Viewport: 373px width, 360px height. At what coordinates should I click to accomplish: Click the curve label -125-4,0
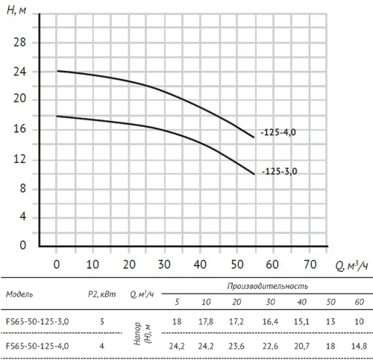point(278,132)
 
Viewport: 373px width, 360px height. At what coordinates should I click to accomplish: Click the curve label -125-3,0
point(280,172)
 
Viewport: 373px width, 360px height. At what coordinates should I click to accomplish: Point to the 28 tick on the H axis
point(19,43)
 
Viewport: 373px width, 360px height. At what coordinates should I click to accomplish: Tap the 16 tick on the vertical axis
point(19,128)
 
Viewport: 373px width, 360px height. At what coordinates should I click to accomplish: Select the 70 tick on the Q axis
point(310,264)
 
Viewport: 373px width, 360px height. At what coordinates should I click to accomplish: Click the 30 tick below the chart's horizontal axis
point(164,264)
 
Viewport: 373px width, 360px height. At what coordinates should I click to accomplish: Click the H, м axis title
point(16,10)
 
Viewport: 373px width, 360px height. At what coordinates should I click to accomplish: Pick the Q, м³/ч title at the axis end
point(351,266)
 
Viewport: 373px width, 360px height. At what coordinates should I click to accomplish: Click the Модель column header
point(19,294)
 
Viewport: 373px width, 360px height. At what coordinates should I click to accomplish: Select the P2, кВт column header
point(102,294)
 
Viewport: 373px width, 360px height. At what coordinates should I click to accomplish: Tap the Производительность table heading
point(268,286)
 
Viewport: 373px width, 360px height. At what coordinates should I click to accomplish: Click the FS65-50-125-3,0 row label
point(37,322)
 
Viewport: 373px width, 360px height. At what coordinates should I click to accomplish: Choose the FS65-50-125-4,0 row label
point(37,346)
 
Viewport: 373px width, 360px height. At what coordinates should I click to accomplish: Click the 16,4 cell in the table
point(270,322)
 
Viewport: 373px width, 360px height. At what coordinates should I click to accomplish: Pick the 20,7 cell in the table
point(301,346)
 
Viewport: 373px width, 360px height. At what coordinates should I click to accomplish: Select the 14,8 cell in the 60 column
point(359,346)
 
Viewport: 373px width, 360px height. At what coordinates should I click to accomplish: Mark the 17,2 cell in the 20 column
point(236,322)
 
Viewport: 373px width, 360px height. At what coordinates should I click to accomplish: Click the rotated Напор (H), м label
point(142,334)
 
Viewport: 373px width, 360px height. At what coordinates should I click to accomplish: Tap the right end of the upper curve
point(254,137)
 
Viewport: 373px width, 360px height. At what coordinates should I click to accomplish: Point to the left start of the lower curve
point(57,116)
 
